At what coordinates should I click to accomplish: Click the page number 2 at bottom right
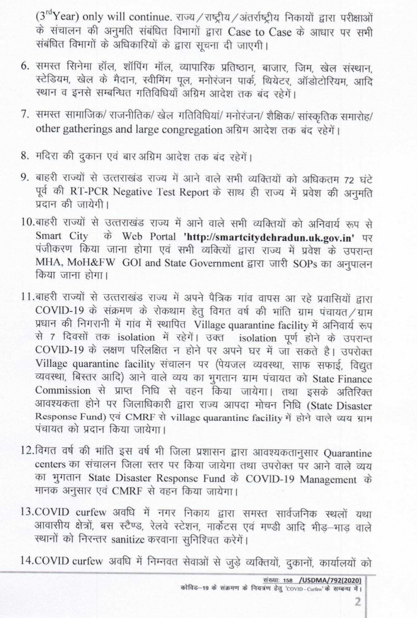tap(358, 602)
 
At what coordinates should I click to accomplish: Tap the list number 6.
tap(25, 67)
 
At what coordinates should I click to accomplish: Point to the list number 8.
tap(25, 156)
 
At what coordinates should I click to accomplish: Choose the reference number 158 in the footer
tap(288, 580)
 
